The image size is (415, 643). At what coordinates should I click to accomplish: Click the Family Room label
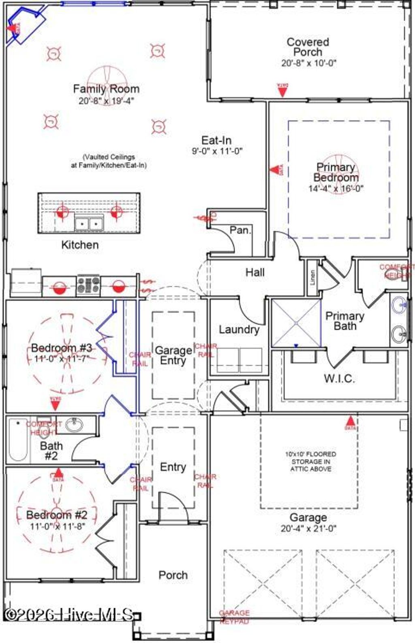(x=106, y=89)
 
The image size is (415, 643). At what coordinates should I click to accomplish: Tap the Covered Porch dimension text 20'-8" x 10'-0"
(x=309, y=63)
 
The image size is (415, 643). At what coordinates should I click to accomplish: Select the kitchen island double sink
(x=89, y=223)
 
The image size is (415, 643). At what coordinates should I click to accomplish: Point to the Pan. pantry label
(x=240, y=230)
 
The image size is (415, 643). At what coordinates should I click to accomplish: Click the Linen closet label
(x=312, y=277)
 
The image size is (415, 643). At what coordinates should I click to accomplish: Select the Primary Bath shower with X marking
(x=296, y=323)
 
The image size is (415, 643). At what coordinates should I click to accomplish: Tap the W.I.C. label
(x=339, y=379)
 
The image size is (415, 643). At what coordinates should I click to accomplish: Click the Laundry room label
(x=239, y=330)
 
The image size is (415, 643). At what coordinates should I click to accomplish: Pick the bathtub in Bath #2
(x=18, y=440)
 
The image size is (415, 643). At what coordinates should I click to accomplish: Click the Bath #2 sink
(x=74, y=425)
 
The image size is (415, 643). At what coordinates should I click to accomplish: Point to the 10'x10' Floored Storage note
(x=310, y=462)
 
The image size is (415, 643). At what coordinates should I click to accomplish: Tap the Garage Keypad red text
(x=234, y=617)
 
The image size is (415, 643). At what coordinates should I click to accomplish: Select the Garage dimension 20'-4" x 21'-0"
(x=308, y=528)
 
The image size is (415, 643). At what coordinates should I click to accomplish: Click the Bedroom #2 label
(x=57, y=515)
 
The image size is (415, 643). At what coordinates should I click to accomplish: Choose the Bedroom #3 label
(x=62, y=348)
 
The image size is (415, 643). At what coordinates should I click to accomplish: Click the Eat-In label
(x=216, y=141)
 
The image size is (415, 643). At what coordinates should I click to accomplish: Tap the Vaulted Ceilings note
(x=109, y=161)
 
